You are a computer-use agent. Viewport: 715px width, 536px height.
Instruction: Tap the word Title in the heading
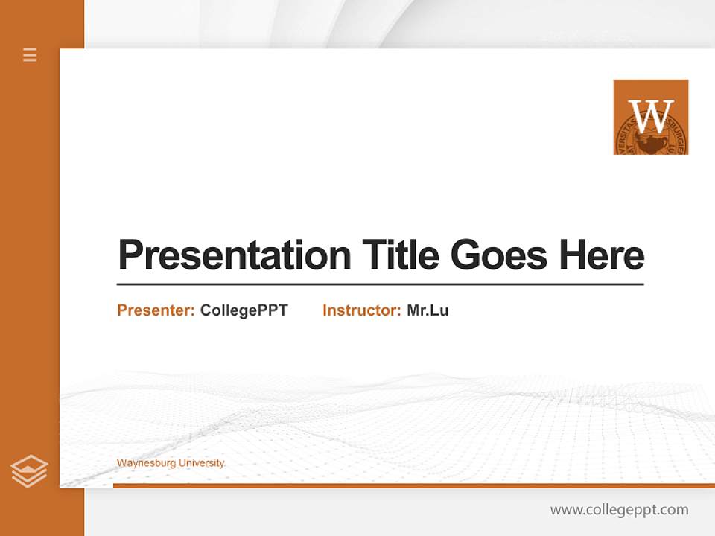[x=401, y=255]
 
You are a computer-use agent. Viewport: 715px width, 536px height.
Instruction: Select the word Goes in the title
[x=499, y=255]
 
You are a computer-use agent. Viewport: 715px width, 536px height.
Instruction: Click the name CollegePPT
[x=244, y=310]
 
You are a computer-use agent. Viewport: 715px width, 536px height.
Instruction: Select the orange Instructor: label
[x=362, y=310]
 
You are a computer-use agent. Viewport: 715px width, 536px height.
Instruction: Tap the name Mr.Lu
[x=428, y=310]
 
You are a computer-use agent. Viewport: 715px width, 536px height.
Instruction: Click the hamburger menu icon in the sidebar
[x=30, y=54]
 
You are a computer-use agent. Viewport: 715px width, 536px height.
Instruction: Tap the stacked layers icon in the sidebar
[x=29, y=471]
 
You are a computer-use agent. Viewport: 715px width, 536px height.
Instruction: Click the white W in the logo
[x=651, y=115]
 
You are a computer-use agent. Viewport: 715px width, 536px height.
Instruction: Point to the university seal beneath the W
[x=650, y=142]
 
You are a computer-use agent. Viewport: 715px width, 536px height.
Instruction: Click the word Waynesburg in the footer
[x=145, y=463]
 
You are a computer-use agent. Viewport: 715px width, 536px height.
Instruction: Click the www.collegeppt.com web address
[x=619, y=510]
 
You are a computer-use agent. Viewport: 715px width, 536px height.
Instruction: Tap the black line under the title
[x=380, y=284]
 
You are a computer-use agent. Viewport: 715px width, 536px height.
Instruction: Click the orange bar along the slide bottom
[x=413, y=485]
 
